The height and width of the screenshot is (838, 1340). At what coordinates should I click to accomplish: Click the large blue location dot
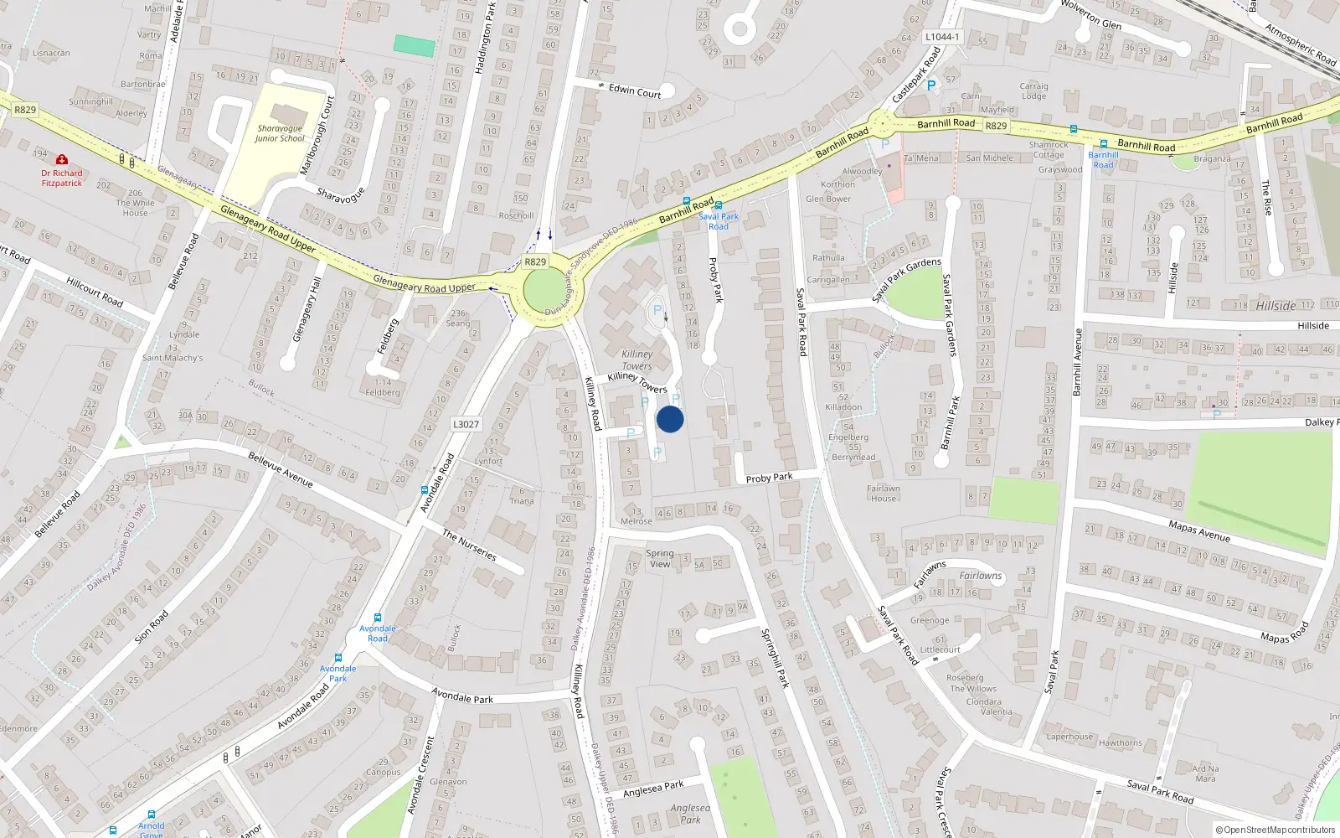[x=670, y=419]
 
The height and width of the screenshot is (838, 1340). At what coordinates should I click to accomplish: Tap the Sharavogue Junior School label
[x=280, y=133]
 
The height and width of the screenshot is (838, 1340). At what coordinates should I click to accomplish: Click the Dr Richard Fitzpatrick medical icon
[x=62, y=159]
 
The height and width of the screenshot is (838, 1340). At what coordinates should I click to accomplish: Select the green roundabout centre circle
[x=545, y=292]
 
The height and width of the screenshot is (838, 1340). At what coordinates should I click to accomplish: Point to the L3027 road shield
[x=466, y=424]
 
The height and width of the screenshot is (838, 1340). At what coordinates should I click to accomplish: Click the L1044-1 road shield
[x=942, y=37]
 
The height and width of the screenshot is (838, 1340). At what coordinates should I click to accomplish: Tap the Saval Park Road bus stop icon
[x=719, y=205]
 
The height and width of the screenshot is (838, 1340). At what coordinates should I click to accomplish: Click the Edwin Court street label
[x=635, y=91]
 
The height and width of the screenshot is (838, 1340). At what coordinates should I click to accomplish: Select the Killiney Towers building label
[x=636, y=360]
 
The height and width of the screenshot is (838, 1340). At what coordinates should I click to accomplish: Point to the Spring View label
[x=660, y=558]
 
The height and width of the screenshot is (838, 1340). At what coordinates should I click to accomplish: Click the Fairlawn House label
[x=883, y=494]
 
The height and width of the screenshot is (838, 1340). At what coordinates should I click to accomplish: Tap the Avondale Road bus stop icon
[x=378, y=618]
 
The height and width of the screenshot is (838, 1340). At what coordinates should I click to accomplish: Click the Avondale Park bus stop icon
[x=338, y=658]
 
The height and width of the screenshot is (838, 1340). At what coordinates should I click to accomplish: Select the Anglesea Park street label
[x=653, y=789]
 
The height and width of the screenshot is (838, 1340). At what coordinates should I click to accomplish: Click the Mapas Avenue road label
[x=1198, y=530]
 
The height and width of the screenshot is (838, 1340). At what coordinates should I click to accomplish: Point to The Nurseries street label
[x=469, y=545]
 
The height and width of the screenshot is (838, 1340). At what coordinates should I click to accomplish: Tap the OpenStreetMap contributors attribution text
[x=1275, y=830]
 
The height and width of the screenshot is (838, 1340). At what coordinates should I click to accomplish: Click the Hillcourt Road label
[x=95, y=292]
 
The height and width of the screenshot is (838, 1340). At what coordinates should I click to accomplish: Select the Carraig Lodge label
[x=1033, y=91]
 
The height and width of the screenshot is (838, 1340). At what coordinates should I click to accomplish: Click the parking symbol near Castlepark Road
[x=930, y=85]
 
